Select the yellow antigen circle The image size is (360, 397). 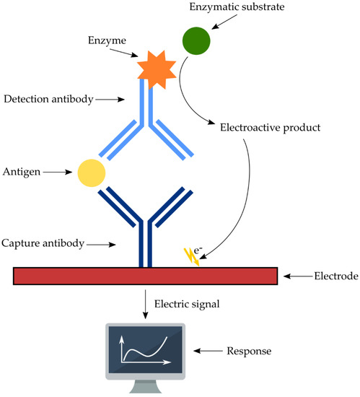(92, 173)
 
